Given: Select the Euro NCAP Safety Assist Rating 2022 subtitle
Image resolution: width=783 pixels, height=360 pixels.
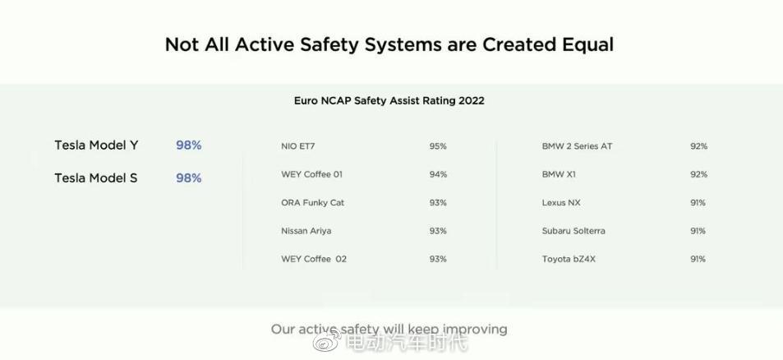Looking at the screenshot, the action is pyautogui.click(x=389, y=101).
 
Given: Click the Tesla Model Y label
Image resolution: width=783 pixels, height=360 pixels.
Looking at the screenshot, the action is pyautogui.click(x=96, y=145).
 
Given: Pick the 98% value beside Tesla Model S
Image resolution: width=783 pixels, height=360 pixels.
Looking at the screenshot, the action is pyautogui.click(x=189, y=178).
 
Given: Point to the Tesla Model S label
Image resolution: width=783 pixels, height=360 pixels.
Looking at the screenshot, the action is pyautogui.click(x=96, y=178).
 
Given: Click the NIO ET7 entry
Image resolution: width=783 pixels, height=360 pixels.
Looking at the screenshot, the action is pyautogui.click(x=298, y=147).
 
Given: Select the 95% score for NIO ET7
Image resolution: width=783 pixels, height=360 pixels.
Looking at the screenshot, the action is pyautogui.click(x=438, y=147).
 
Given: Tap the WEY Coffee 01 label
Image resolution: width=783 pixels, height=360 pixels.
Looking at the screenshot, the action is pyautogui.click(x=312, y=175).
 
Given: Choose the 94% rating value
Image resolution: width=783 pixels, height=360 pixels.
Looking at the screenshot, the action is pyautogui.click(x=438, y=175).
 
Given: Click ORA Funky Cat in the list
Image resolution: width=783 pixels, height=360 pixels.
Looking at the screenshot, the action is pyautogui.click(x=312, y=203).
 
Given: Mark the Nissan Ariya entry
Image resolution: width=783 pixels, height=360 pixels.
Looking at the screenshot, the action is pyautogui.click(x=306, y=231).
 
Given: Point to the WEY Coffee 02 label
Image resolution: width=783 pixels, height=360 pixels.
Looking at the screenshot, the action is pyautogui.click(x=314, y=259).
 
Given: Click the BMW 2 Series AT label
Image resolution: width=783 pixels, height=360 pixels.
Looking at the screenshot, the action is pyautogui.click(x=577, y=147).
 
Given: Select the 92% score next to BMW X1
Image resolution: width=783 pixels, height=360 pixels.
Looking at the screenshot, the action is pyautogui.click(x=699, y=175).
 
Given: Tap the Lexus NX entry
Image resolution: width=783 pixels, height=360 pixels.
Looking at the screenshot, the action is pyautogui.click(x=561, y=203).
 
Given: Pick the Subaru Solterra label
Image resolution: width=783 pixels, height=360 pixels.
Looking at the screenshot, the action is pyautogui.click(x=573, y=231).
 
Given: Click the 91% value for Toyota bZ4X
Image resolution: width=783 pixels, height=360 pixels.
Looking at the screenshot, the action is pyautogui.click(x=698, y=259).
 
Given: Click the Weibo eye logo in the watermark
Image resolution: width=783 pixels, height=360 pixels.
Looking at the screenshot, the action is pyautogui.click(x=326, y=343).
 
